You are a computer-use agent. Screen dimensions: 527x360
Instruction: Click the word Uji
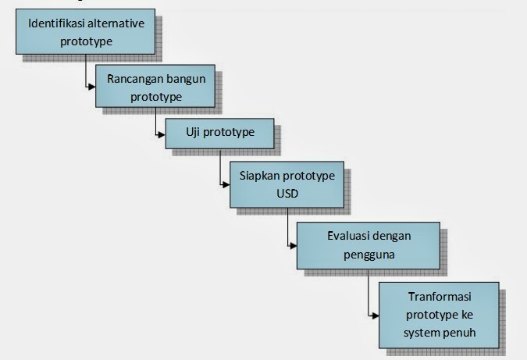tap(193, 133)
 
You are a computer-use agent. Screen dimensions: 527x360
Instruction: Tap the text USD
tap(287, 194)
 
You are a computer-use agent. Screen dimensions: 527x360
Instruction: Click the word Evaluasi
tap(348, 236)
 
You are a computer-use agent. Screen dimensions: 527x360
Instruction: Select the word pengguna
tap(369, 255)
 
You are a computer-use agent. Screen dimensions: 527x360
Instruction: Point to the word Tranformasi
tap(440, 297)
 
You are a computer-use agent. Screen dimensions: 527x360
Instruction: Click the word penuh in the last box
tap(461, 333)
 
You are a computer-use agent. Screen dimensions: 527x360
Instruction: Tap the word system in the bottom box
tap(422, 333)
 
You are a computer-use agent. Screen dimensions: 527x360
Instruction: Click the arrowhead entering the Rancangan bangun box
tap(92, 87)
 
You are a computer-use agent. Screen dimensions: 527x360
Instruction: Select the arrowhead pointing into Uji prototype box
tap(162, 135)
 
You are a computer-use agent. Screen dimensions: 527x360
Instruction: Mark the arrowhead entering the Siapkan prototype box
tap(226, 184)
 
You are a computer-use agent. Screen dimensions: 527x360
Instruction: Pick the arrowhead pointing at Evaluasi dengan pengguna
tap(294, 246)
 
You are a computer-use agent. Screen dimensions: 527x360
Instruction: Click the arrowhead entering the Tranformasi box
tap(376, 315)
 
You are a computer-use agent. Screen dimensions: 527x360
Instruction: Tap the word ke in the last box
tap(467, 315)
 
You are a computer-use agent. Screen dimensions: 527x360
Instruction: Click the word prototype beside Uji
tap(229, 133)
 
